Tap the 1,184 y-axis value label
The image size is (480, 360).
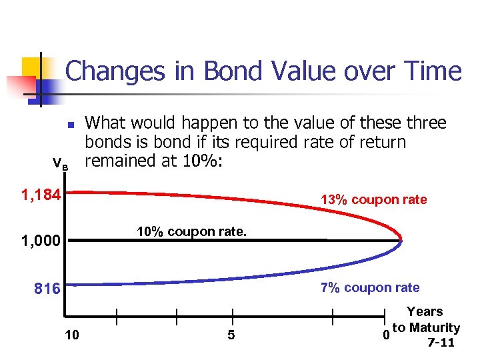41,196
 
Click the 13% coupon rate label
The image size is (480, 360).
373,200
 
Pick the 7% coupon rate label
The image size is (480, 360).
370,288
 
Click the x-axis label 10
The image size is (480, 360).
72,335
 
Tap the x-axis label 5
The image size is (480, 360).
231,335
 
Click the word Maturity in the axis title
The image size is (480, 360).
434,327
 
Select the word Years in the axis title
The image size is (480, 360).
425,311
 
